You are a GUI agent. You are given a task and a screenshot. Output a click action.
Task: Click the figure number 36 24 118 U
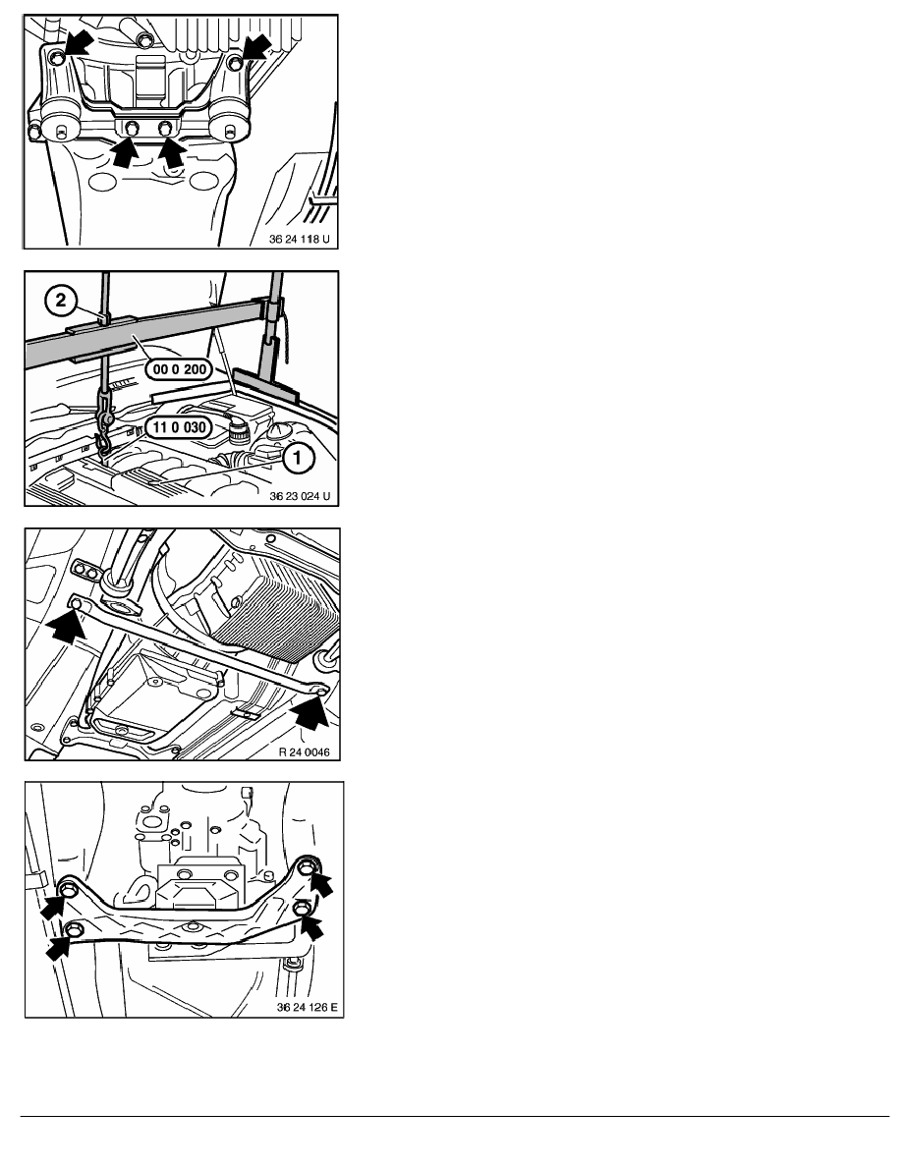299,240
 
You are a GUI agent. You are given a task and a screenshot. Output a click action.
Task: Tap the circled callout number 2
61,300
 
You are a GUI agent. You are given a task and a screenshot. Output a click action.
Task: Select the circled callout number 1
298,458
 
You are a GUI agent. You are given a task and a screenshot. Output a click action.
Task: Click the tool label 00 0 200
180,369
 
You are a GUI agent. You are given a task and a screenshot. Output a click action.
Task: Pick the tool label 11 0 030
180,428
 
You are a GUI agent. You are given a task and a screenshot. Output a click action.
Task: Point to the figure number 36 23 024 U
300,496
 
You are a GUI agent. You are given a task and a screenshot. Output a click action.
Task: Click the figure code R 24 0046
304,751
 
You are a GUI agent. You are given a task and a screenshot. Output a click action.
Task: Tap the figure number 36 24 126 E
307,1007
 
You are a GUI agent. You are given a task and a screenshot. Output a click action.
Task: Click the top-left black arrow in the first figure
79,44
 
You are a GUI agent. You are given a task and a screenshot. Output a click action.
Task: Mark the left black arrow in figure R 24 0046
66,625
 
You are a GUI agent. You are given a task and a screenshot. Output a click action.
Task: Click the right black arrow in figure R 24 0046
311,711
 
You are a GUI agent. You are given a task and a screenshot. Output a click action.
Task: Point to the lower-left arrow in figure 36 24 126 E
61,945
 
